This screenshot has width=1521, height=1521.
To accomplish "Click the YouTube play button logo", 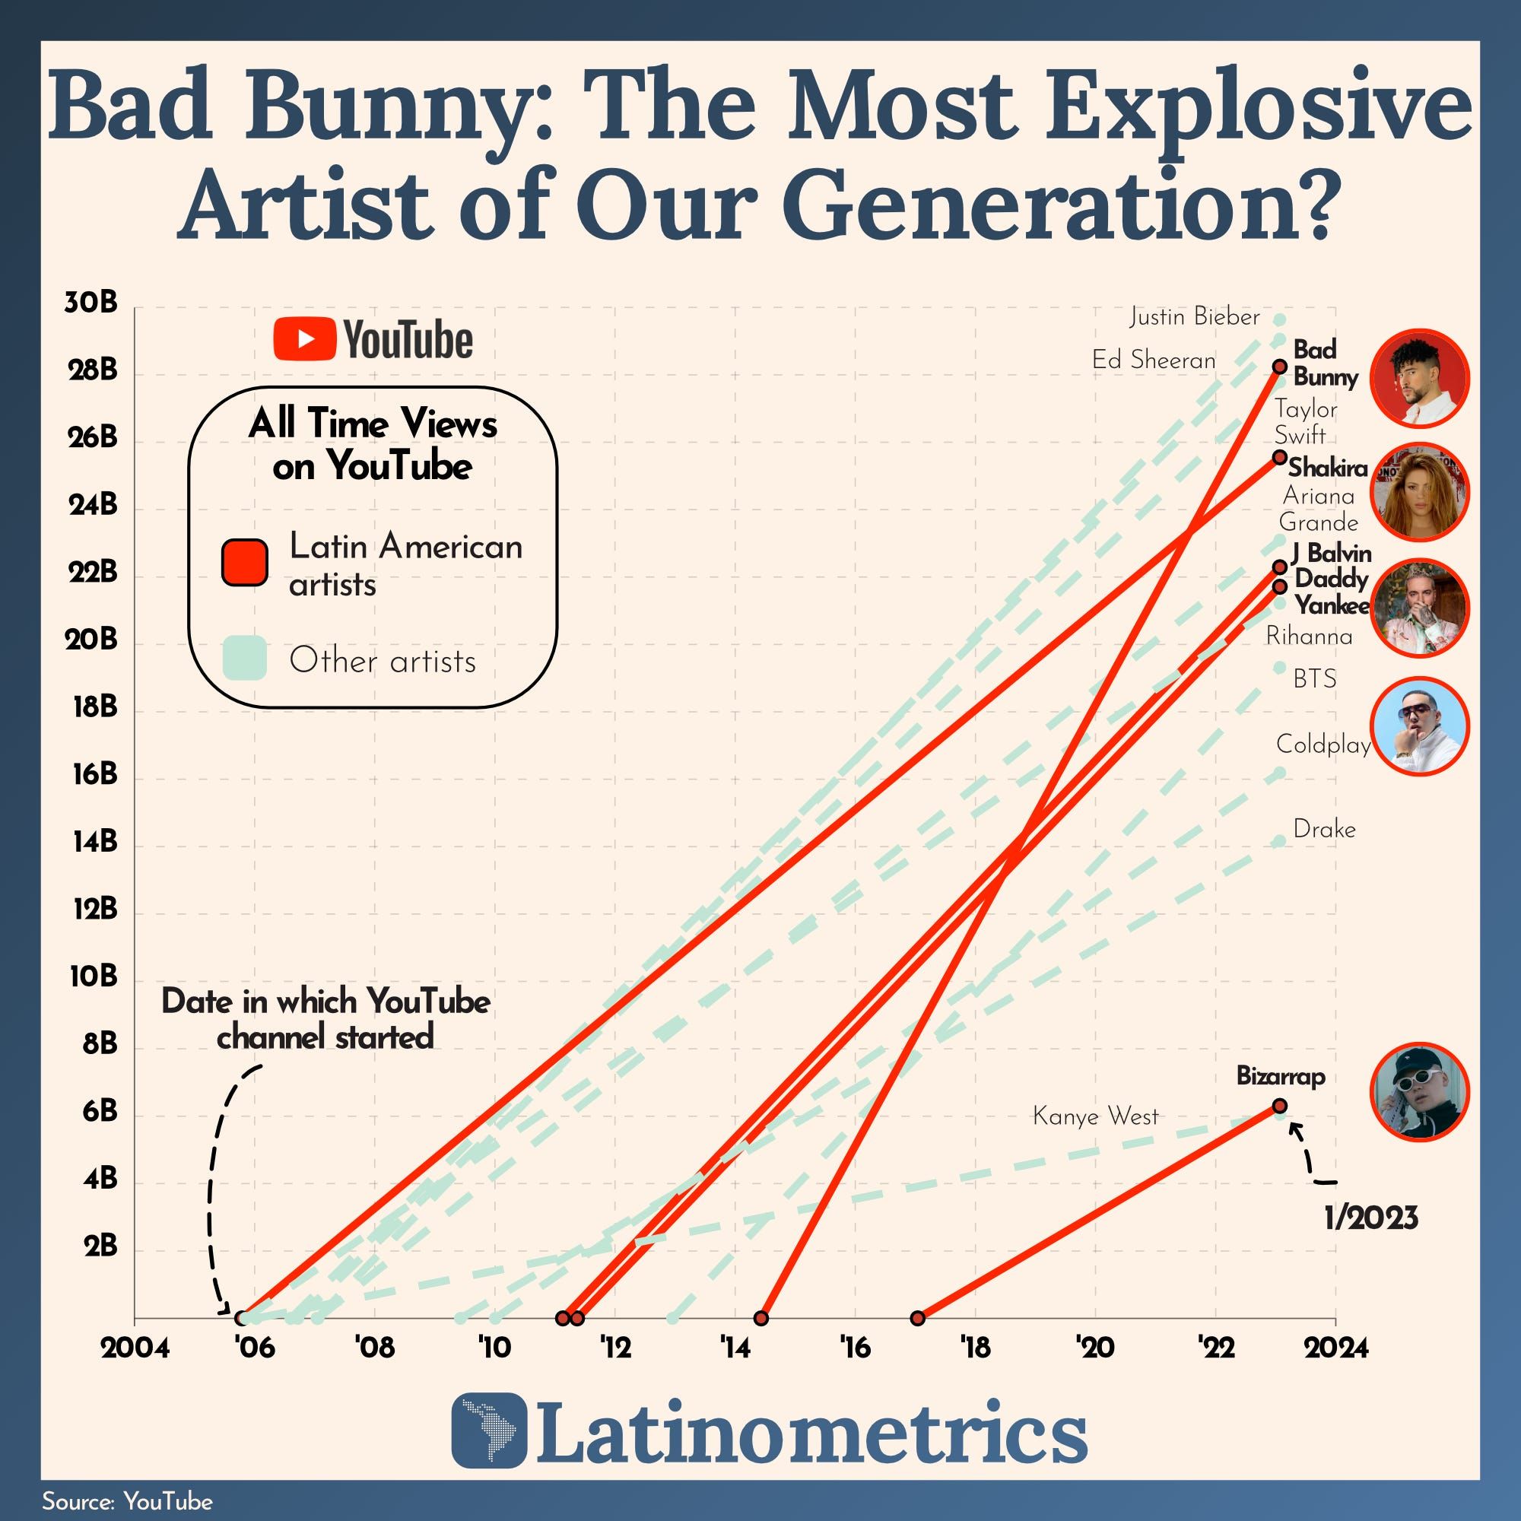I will tap(305, 339).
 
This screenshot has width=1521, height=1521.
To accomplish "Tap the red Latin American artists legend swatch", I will tap(244, 562).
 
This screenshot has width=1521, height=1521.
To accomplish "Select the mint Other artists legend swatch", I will tap(244, 658).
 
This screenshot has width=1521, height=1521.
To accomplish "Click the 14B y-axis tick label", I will tap(95, 843).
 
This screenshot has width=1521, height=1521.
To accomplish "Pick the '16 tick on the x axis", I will tap(856, 1348).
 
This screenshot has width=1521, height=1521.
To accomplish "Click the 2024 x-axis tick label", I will tap(1336, 1348).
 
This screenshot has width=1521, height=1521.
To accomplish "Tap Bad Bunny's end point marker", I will tap(1279, 367).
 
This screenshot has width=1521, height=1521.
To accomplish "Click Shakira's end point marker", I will tap(1279, 457).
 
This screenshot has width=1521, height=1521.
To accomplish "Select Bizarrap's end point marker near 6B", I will tap(1279, 1106).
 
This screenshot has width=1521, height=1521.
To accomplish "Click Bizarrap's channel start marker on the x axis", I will tap(917, 1318).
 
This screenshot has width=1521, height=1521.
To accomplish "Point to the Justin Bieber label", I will tap(1194, 317).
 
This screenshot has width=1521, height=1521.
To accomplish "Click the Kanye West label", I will tap(1095, 1116).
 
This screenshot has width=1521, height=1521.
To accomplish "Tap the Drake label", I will tap(1324, 829).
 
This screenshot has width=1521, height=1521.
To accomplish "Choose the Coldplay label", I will tap(1323, 744).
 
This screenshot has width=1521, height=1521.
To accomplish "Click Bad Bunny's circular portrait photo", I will tap(1419, 378).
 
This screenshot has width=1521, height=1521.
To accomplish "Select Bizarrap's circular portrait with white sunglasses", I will tap(1419, 1092).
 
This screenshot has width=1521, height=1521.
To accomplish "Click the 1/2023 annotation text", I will tap(1370, 1218).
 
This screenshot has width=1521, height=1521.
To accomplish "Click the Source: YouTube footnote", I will tap(127, 1501).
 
